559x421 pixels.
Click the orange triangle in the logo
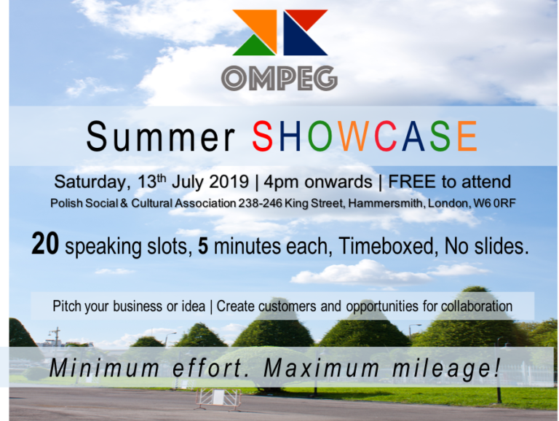[x=262, y=25]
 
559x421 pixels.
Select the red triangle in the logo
[x=306, y=17]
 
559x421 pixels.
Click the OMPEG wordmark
[x=279, y=78]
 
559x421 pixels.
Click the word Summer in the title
[x=161, y=137]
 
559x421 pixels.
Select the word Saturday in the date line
[x=90, y=182]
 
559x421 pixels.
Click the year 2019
[x=229, y=181]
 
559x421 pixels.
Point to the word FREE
[x=412, y=181]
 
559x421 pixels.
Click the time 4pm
[x=280, y=183]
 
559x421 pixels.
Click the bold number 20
[x=45, y=244]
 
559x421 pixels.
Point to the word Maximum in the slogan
[x=322, y=368]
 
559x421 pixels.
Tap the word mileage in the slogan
[x=442, y=369]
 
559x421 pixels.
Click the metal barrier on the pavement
[x=218, y=398]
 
